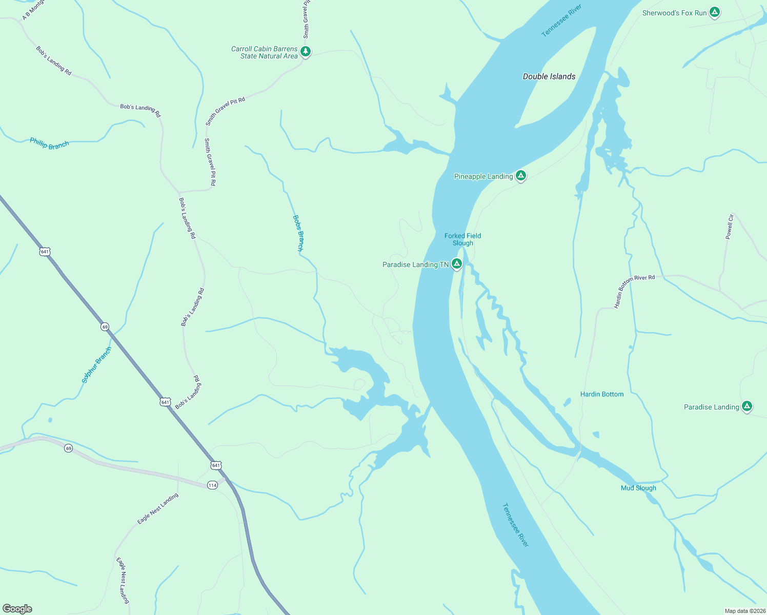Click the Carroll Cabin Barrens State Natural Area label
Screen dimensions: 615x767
coord(264,52)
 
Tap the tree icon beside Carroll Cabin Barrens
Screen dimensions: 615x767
coord(306,51)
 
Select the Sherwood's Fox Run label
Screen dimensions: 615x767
coord(674,13)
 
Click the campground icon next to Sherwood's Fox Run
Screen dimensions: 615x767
coord(715,12)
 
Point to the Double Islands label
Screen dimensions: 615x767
coord(549,76)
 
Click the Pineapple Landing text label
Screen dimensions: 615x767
coord(483,176)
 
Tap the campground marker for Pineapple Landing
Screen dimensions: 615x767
coord(521,176)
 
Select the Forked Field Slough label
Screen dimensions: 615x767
coord(462,239)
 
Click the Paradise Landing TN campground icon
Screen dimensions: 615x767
coord(457,264)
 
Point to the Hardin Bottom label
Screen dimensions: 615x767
coord(602,394)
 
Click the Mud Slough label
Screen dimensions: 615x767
coord(638,488)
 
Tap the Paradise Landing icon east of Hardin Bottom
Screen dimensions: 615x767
coord(747,406)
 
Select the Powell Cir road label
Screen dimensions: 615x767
coord(729,227)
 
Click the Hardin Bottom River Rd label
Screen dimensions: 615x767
coord(634,291)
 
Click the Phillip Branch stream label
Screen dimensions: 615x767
coord(49,143)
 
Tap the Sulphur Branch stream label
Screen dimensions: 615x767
coord(96,365)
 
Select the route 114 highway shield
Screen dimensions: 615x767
coord(212,485)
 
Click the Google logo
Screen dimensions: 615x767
coord(17,609)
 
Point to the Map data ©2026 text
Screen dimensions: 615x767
coord(744,611)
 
